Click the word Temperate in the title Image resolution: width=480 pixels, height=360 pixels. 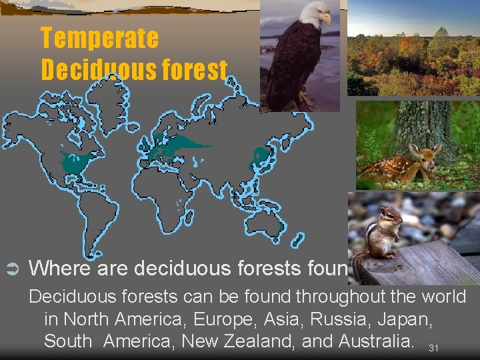tap(99, 38)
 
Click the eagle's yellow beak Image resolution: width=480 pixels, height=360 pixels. tap(327, 19)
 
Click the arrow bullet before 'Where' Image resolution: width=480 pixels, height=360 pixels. tap(11, 269)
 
